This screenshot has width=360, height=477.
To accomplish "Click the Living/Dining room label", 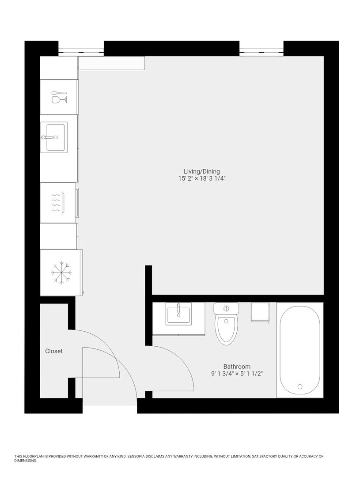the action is [x=201, y=171].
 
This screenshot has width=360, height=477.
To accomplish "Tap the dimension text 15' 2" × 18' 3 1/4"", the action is [x=202, y=178].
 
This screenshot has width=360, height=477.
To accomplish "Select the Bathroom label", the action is [x=237, y=367].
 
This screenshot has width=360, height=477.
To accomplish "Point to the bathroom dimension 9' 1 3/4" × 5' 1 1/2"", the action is [x=237, y=374].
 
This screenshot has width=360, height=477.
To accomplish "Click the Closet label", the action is [x=54, y=351].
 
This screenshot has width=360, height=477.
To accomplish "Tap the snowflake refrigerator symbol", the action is [x=61, y=273].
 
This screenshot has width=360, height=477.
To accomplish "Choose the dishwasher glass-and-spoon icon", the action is [x=59, y=97].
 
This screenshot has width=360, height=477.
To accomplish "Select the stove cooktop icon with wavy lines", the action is [x=58, y=203].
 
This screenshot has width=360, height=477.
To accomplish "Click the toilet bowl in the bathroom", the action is [x=226, y=330].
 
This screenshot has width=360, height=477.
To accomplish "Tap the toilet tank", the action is [x=226, y=308].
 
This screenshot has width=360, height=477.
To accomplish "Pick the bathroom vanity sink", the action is [x=178, y=314].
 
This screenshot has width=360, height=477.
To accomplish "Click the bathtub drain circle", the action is [x=300, y=386].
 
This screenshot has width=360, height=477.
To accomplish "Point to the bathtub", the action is [x=300, y=350].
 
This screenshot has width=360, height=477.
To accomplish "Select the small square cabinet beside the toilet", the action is [x=260, y=312].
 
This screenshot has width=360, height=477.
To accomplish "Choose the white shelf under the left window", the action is [x=112, y=63].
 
